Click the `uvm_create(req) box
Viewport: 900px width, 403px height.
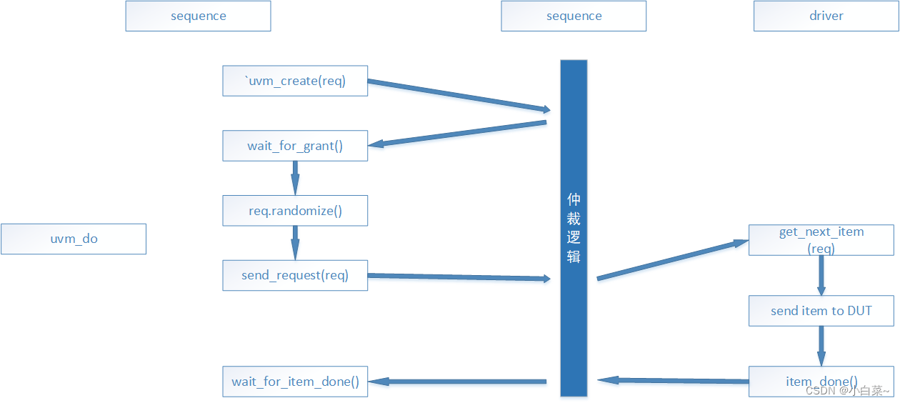295,81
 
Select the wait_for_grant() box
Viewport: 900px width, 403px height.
295,146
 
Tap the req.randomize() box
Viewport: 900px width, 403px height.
295,211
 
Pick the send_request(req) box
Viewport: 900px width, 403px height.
295,275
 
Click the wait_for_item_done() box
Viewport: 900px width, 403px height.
295,382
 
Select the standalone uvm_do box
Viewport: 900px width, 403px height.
74,239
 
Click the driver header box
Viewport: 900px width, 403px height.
826,16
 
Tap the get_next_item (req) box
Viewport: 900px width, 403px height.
821,239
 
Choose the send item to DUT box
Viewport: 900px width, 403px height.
821,311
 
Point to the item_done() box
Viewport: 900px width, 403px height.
821,382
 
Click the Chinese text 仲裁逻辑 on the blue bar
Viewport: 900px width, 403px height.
574,227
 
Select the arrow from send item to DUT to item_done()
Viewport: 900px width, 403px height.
821,347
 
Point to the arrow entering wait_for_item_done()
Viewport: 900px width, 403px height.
457,382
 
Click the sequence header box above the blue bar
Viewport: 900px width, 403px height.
574,16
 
